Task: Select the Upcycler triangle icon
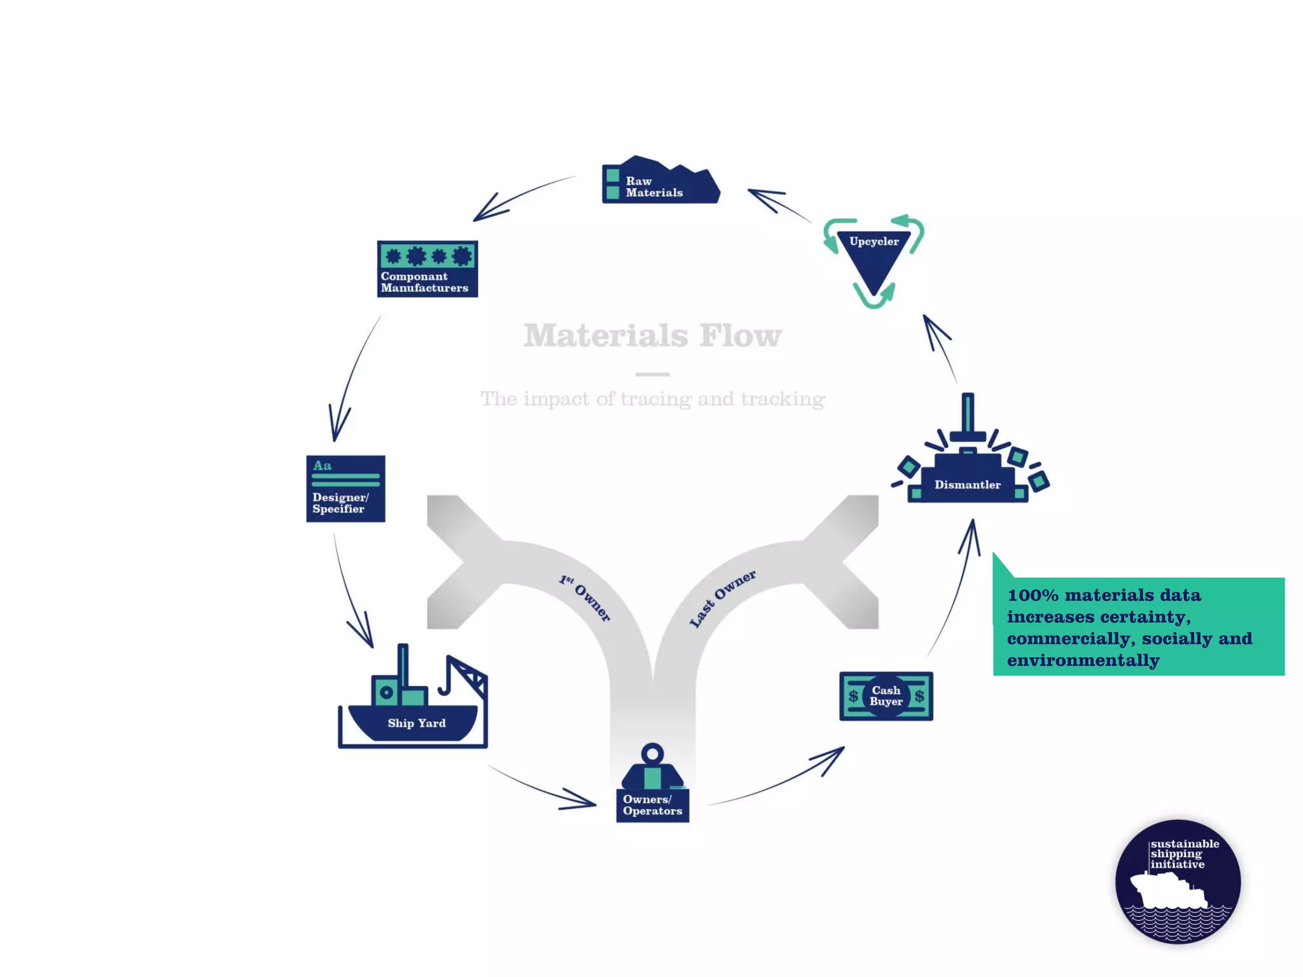coord(874,258)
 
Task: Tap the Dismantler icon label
coord(967,485)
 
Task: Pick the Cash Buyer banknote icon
coord(886,696)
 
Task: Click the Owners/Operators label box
coord(652,805)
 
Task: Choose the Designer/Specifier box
coord(345,488)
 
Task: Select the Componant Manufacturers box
coord(427,268)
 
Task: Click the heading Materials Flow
coord(652,335)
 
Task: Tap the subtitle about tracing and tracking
coord(652,399)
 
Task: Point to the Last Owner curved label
coord(723,598)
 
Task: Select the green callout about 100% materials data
coord(1138,627)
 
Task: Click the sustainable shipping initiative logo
coord(1178,882)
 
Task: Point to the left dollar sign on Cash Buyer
coord(854,696)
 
